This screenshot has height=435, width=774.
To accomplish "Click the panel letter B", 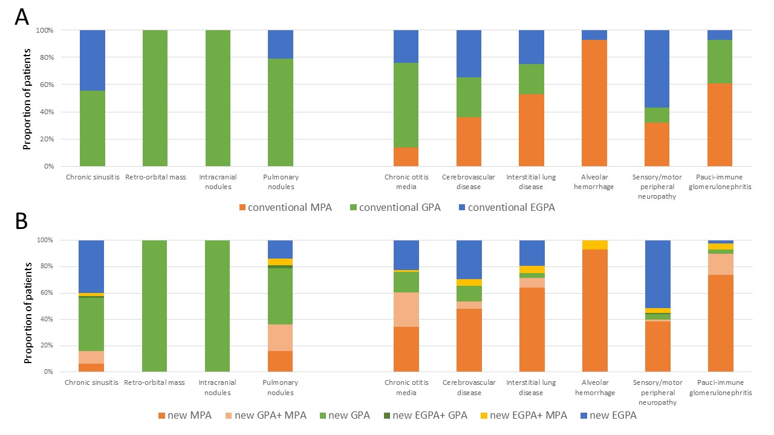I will tap(21, 222).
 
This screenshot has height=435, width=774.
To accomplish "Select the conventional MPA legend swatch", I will tap(243, 208).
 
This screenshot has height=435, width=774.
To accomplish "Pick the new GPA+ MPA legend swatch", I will tap(230, 416).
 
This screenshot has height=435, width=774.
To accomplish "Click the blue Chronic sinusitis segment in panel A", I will tap(93, 60).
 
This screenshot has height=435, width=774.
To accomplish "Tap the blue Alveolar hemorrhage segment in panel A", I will tap(594, 35).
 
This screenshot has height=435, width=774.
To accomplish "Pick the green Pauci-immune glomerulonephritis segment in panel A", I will tap(720, 62).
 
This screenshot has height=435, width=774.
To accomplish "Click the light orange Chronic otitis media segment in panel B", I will tap(406, 309).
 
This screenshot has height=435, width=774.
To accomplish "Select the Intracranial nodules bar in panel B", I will tap(218, 306).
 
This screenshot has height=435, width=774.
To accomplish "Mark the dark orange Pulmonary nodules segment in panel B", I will tap(281, 361).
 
